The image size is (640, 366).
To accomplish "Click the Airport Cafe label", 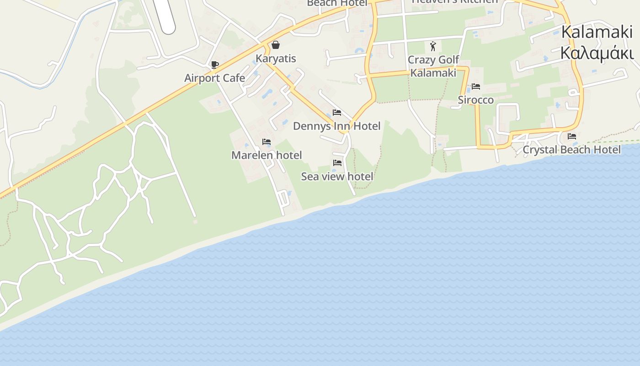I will [214, 78].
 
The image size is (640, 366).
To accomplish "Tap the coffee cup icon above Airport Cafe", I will [214, 65].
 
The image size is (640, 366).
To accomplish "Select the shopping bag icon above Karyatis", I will [276, 45].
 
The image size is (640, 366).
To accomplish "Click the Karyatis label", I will [276, 59].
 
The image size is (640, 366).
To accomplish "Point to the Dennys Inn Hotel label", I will [336, 126].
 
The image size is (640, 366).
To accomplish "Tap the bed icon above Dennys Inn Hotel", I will [337, 113].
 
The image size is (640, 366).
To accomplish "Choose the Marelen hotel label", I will [267, 155].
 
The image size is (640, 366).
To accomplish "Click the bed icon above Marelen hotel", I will [267, 142].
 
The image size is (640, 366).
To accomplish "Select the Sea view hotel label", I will [337, 176].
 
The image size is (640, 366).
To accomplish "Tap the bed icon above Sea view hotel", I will [337, 162].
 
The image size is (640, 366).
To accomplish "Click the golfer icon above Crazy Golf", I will [433, 46].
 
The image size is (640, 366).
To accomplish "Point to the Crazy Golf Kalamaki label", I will [433, 66].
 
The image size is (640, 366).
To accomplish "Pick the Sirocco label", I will [476, 100].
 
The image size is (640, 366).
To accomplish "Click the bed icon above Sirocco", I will [476, 86].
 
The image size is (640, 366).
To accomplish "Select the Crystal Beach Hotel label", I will [571, 150].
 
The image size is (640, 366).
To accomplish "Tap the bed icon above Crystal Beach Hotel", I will [571, 136].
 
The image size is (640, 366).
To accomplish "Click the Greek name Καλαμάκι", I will [597, 54].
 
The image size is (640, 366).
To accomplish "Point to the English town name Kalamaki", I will [597, 32].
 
